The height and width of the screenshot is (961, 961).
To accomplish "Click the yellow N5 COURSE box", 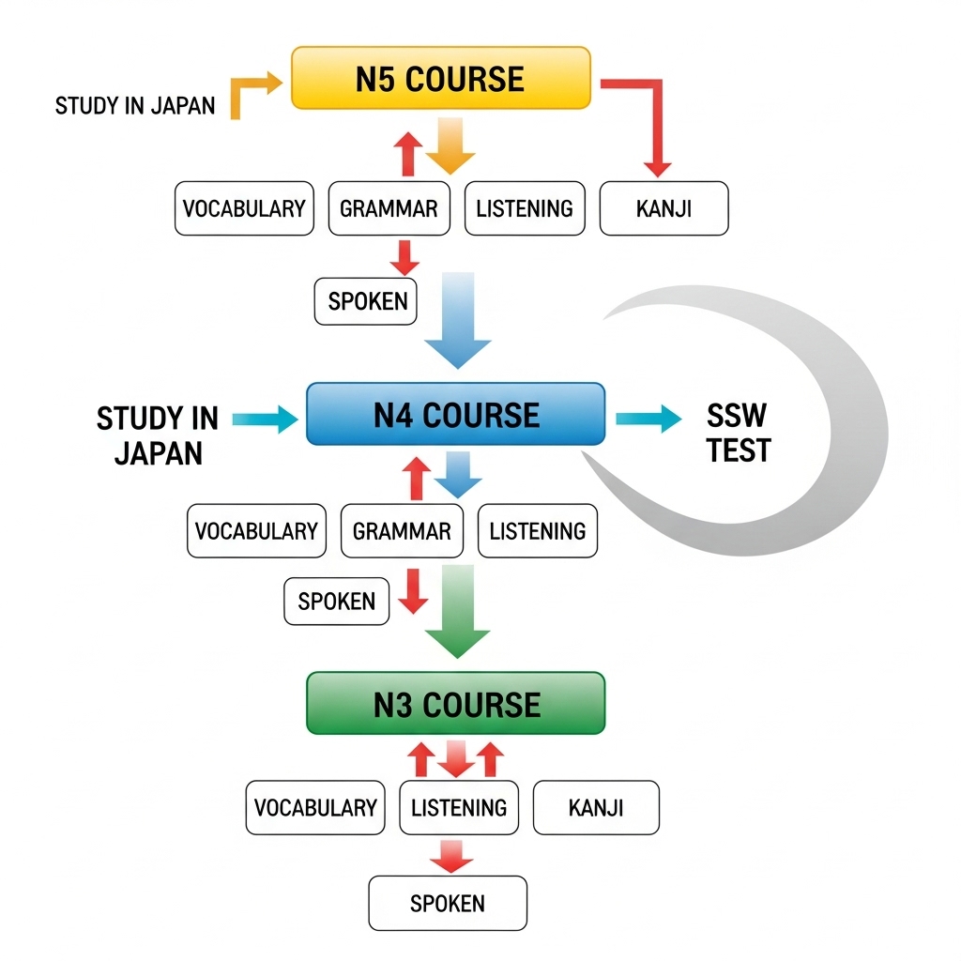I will pos(441,78).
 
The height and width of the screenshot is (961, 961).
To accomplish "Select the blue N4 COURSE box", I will pos(456,414).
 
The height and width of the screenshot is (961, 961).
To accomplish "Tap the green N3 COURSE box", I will pos(456,704).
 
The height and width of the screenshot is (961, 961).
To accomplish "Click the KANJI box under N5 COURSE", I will pos(664,208).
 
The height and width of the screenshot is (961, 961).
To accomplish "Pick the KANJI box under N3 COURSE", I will pos(596,807).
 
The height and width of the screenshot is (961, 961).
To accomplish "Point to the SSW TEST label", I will pos(739,434).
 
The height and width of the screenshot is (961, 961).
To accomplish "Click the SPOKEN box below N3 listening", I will pos(448,903).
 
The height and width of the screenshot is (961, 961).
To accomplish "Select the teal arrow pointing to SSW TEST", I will pos(649,419).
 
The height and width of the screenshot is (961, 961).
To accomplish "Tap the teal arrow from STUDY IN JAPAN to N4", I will pos(264,419).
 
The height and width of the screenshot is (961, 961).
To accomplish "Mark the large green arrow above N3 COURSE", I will pos(458,610).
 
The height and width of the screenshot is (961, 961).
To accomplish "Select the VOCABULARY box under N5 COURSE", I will pos(244,208).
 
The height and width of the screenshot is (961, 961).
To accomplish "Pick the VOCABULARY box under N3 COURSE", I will pos(315,807).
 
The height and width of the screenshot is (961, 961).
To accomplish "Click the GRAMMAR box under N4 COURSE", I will pos(402,531).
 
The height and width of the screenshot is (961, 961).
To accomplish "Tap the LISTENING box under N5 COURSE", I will pos(525,208).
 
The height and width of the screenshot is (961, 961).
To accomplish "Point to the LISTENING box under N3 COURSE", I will pos(459,807).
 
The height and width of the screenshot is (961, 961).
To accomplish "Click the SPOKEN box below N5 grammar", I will pos(367,301).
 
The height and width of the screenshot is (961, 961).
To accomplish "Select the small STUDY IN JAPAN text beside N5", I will pos(135,105).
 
